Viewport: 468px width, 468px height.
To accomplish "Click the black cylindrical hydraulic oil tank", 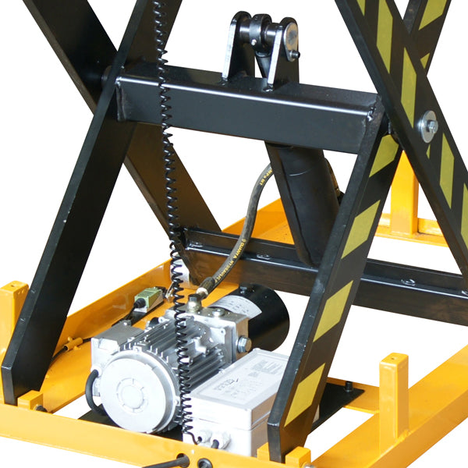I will coord(261,312).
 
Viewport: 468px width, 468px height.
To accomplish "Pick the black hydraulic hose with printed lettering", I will coord(242,226).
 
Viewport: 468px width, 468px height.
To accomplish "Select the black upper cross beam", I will coord(242,105).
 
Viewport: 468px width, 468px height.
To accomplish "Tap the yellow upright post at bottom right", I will coord(393,390).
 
